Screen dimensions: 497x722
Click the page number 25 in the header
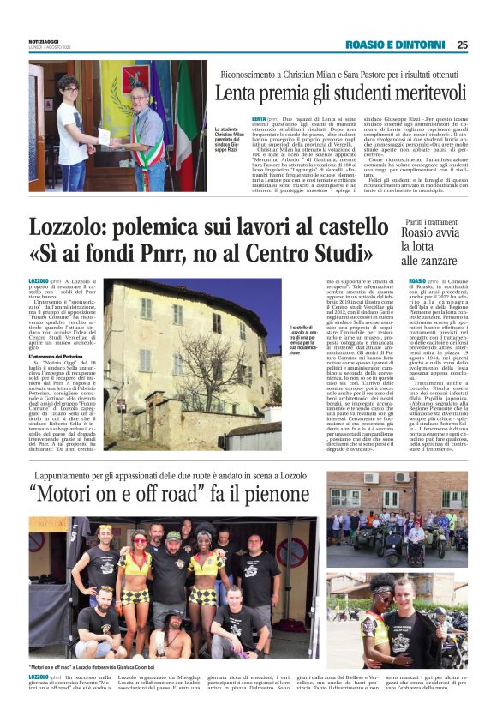pyautogui.click(x=462, y=45)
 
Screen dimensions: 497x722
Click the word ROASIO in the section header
pyautogui.click(x=364, y=45)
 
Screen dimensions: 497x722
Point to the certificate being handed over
pyautogui.click(x=104, y=135)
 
